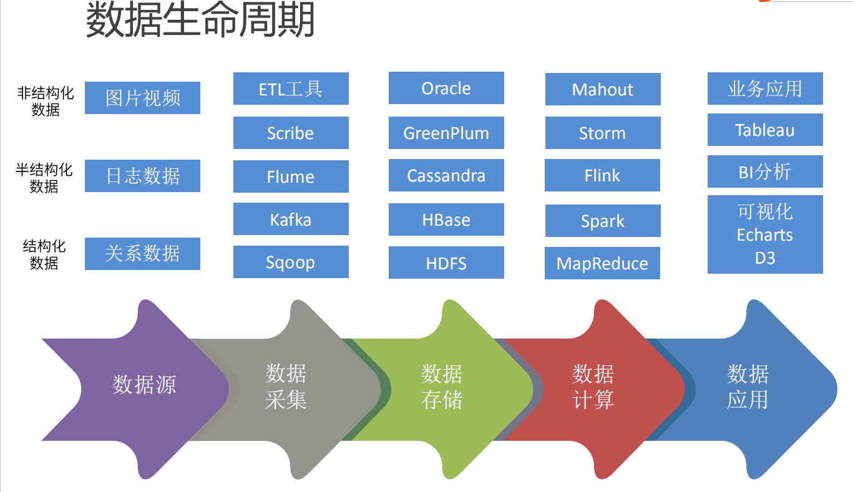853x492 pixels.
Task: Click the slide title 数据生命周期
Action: click(x=200, y=20)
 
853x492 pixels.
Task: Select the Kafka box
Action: click(x=291, y=219)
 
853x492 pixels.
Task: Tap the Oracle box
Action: click(x=446, y=88)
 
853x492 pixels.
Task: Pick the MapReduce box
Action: click(x=602, y=263)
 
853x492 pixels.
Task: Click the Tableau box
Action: click(x=765, y=130)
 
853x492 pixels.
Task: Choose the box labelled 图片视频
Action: click(x=142, y=98)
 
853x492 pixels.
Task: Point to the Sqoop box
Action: click(x=291, y=262)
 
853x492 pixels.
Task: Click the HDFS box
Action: click(x=446, y=263)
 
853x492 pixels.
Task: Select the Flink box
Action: click(x=602, y=175)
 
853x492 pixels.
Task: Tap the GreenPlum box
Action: click(x=446, y=133)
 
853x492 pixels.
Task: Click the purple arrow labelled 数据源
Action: click(x=144, y=385)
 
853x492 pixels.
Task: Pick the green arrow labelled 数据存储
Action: click(x=442, y=387)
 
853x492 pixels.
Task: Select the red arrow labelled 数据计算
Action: click(x=593, y=387)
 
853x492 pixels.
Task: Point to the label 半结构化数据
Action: click(x=44, y=178)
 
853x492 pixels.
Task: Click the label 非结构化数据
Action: click(x=46, y=102)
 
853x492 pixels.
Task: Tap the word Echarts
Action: click(x=765, y=235)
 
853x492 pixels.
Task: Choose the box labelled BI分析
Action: click(x=765, y=171)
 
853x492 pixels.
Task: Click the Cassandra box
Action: click(x=446, y=175)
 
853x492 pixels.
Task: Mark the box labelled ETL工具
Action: click(x=291, y=89)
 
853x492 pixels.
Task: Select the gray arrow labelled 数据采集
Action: click(x=286, y=387)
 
